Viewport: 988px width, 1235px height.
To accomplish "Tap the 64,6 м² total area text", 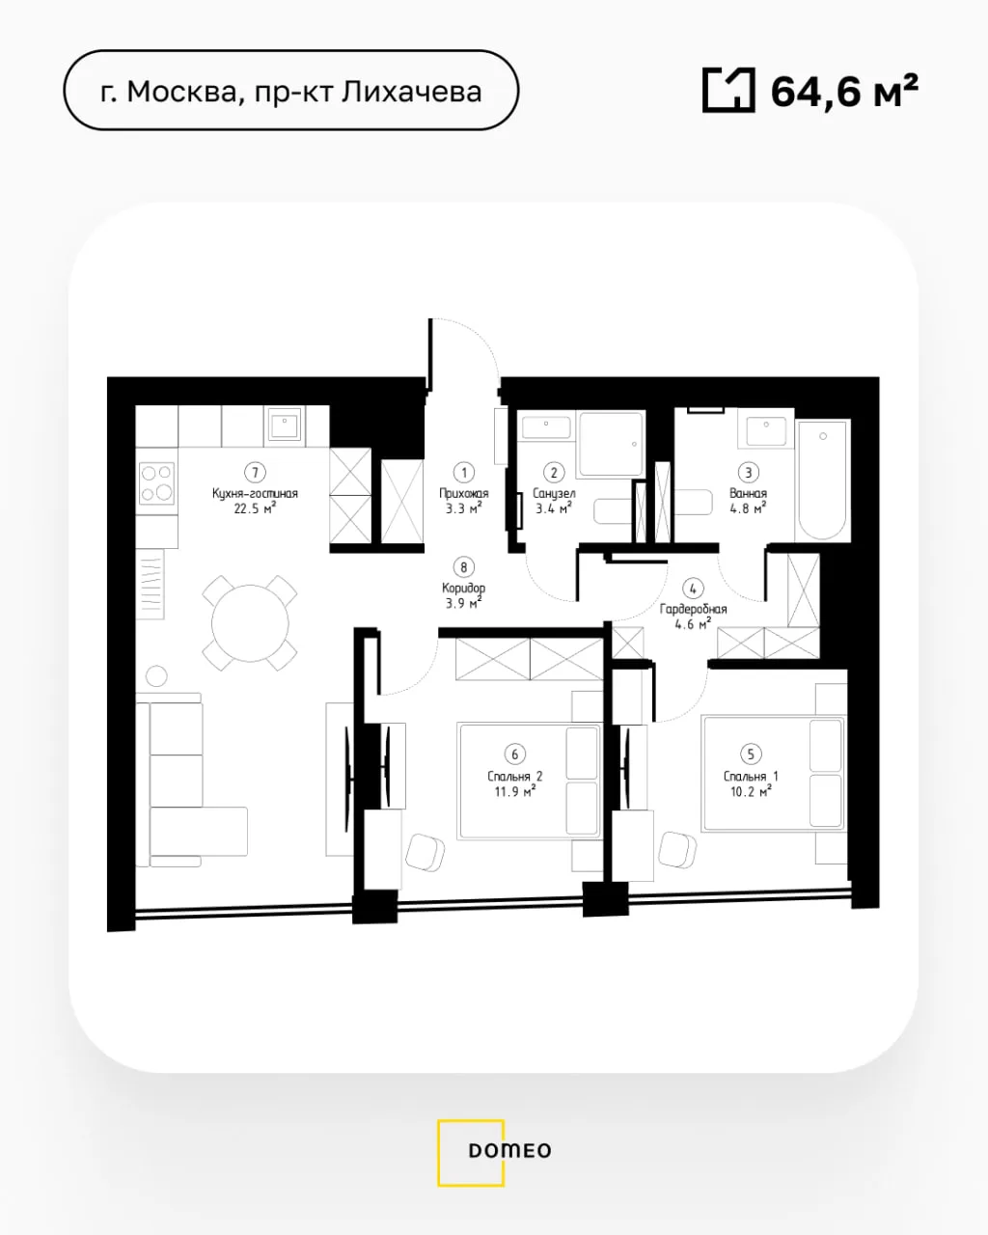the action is pyautogui.click(x=844, y=91).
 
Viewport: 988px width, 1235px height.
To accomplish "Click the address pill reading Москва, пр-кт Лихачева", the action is pyautogui.click(x=291, y=90).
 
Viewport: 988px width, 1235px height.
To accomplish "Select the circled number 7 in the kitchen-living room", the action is pyautogui.click(x=255, y=473).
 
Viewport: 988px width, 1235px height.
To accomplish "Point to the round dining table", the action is pyautogui.click(x=250, y=622).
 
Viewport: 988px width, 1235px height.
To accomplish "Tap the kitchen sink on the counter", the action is pyautogui.click(x=285, y=425).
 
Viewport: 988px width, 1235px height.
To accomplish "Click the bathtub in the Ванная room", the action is pyautogui.click(x=822, y=480).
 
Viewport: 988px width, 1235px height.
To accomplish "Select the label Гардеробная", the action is pyautogui.click(x=693, y=610).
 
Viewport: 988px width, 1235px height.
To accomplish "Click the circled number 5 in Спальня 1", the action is pyautogui.click(x=751, y=755).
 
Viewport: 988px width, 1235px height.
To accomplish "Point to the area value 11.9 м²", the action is pyautogui.click(x=515, y=792).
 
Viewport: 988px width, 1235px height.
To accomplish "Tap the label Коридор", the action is pyautogui.click(x=464, y=589).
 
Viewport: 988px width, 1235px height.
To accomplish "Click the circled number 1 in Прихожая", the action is pyautogui.click(x=464, y=473).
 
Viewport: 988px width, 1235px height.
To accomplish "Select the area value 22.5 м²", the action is pyautogui.click(x=255, y=508).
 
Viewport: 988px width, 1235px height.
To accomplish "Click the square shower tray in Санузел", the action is pyautogui.click(x=612, y=443).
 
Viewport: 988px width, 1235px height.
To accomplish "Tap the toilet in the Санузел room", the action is pyautogui.click(x=613, y=511).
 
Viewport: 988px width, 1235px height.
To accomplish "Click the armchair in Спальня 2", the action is pyautogui.click(x=425, y=852).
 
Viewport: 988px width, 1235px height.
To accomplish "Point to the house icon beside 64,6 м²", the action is pyautogui.click(x=728, y=90).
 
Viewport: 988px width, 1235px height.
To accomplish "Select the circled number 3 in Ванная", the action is pyautogui.click(x=748, y=473).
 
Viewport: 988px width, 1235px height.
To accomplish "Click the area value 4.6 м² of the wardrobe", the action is pyautogui.click(x=693, y=624).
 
